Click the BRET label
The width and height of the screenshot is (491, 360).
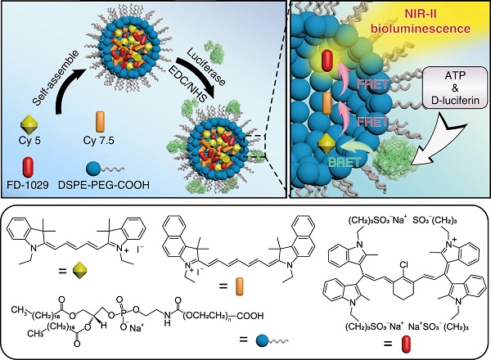tap(349, 163)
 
